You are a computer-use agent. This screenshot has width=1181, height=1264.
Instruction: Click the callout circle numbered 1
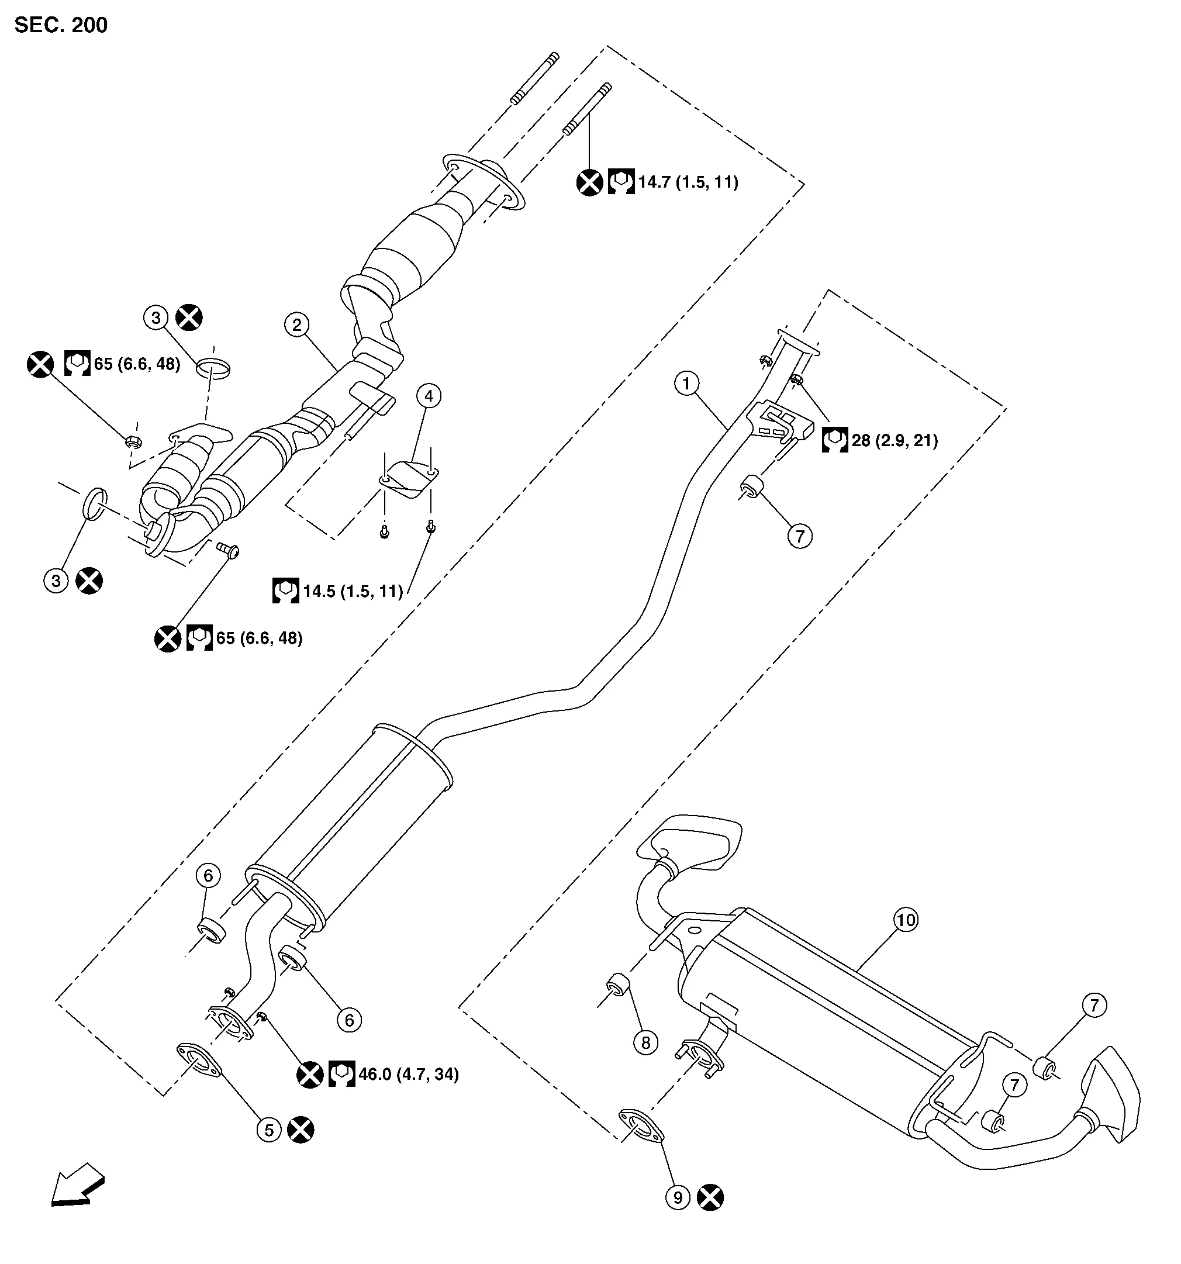pyautogui.click(x=686, y=384)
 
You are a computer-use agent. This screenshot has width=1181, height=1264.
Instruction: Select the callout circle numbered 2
pyautogui.click(x=296, y=325)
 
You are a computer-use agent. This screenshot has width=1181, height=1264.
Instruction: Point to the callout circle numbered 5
pyautogui.click(x=269, y=1131)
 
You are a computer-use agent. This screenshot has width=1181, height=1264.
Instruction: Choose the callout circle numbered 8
pyautogui.click(x=645, y=1043)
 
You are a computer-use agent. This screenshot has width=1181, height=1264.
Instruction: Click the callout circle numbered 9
pyautogui.click(x=678, y=1198)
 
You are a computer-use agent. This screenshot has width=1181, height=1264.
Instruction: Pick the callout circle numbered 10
pyautogui.click(x=906, y=920)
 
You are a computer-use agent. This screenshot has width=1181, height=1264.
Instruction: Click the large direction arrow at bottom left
pyautogui.click(x=77, y=1184)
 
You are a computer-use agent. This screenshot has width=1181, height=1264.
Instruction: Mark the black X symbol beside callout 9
pyautogui.click(x=710, y=1198)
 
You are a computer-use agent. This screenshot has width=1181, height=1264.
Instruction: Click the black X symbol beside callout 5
pyautogui.click(x=301, y=1130)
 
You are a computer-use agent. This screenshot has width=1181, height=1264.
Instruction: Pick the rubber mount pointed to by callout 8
pyautogui.click(x=617, y=986)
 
